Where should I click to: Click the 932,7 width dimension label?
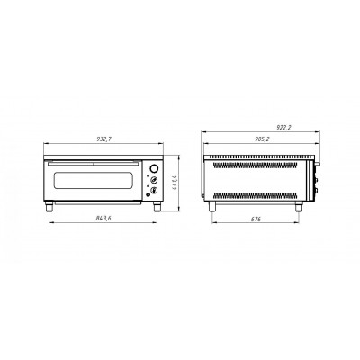click(x=103, y=139)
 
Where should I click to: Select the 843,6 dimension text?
click(x=103, y=219)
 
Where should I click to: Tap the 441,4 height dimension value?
click(x=175, y=183)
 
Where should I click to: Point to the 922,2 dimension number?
click(x=283, y=128)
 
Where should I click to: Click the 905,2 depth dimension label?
click(x=263, y=139)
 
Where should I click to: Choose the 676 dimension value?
click(x=256, y=220)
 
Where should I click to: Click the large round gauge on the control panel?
click(x=154, y=168)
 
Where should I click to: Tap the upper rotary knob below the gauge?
click(x=154, y=180)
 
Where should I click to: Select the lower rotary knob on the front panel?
click(x=154, y=190)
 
